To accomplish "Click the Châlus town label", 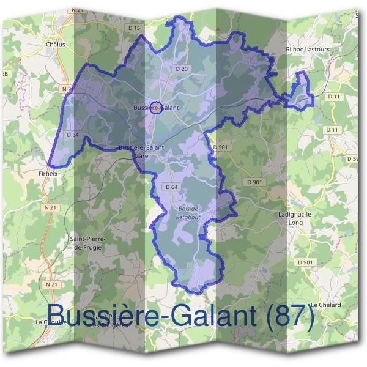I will (x=55, y=45).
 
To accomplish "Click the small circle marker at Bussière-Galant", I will (x=156, y=107).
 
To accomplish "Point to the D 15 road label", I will (x=135, y=29).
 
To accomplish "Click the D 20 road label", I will (x=182, y=69).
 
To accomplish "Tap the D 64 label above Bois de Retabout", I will (x=171, y=187).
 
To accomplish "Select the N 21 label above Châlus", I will (x=77, y=10).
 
